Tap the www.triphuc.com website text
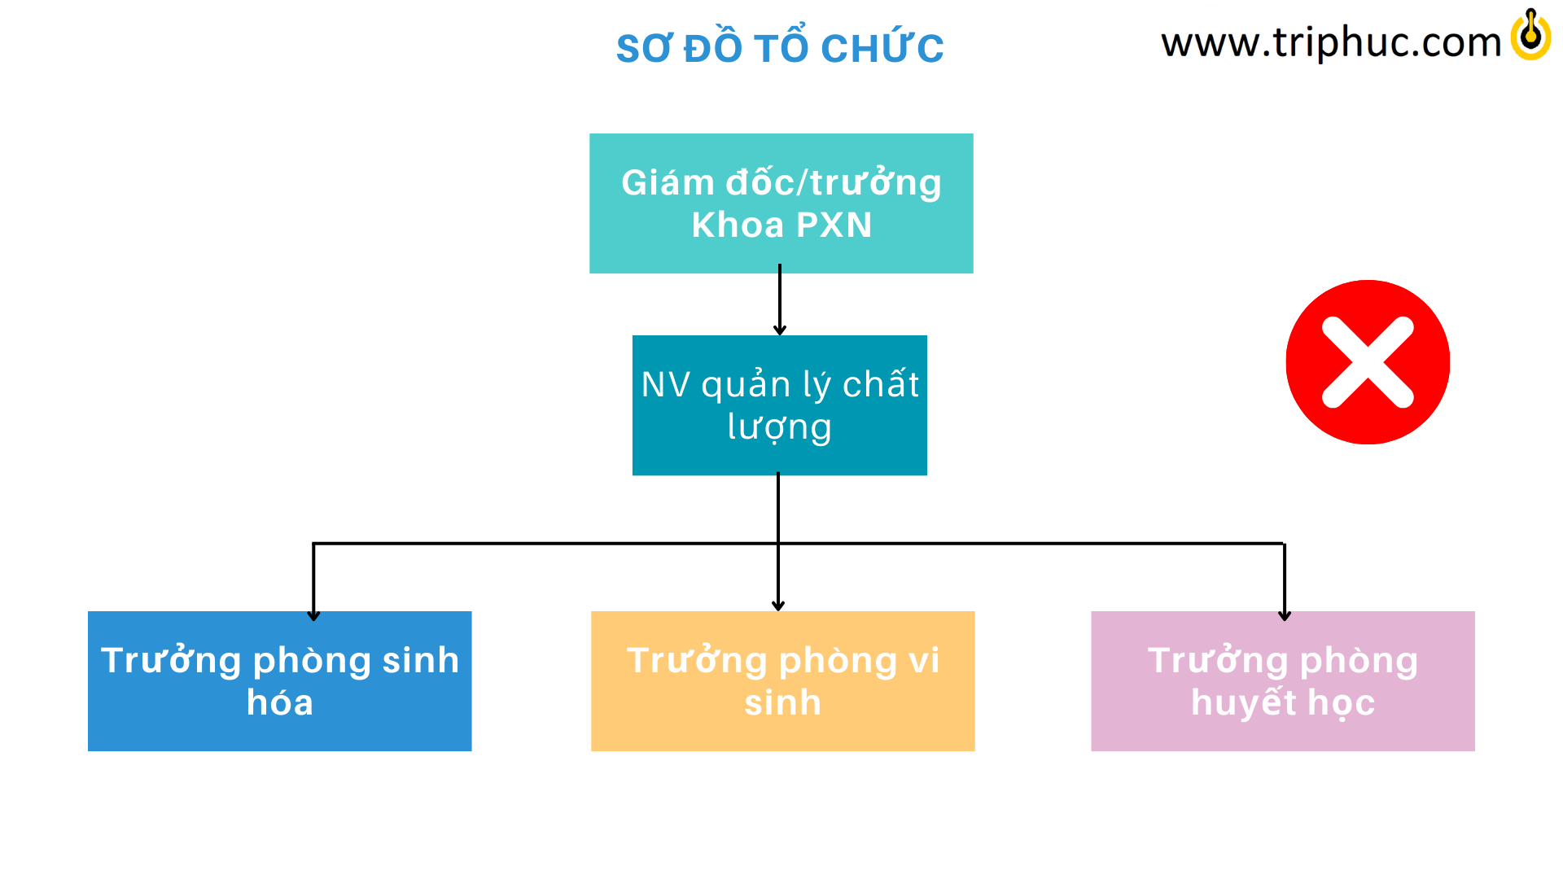pos(1331,42)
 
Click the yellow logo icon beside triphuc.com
pos(1530,35)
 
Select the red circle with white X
pos(1368,362)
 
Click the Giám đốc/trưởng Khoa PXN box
pos(781,203)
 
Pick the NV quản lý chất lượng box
pos(780,405)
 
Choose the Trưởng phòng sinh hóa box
pos(280,681)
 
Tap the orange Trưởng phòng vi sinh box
pos(783,681)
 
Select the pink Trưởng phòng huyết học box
pos(1283,681)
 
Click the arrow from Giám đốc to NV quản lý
pos(780,300)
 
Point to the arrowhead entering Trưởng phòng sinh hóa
pos(313,616)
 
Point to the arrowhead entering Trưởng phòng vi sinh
pos(778,606)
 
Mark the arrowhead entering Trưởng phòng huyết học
pos(1285,616)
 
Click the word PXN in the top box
pos(834,225)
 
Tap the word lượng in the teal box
pos(780,428)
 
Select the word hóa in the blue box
pos(280,702)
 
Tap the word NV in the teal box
pos(666,385)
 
